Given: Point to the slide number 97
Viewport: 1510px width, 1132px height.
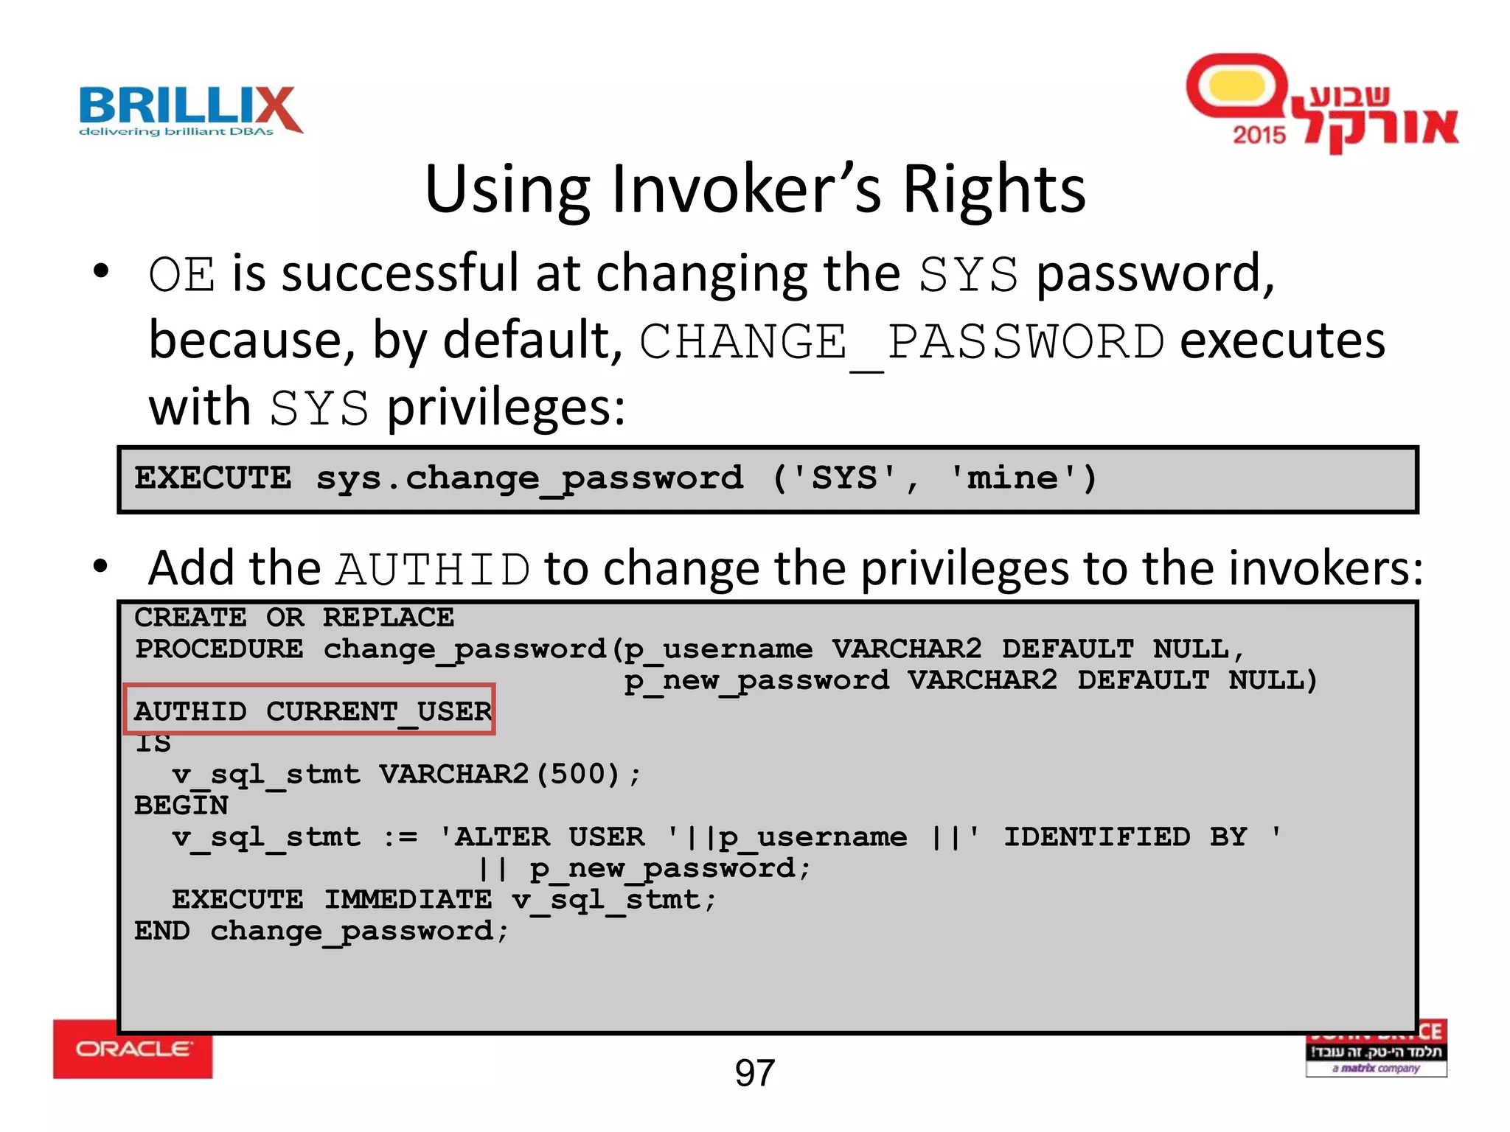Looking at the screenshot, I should pyautogui.click(x=754, y=1073).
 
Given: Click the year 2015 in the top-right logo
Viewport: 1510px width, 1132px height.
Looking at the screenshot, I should pyautogui.click(x=1259, y=135).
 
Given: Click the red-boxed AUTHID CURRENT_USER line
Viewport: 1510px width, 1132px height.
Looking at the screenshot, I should pyautogui.click(x=310, y=710).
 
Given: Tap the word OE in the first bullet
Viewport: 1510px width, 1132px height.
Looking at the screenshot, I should pyautogui.click(x=181, y=275).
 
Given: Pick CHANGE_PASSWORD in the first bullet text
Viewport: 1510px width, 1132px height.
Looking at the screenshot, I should pyautogui.click(x=901, y=343).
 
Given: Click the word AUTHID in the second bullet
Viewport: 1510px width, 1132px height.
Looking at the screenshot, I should pyautogui.click(x=433, y=570).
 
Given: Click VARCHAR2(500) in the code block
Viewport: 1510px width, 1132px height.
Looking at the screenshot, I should pyautogui.click(x=499, y=774).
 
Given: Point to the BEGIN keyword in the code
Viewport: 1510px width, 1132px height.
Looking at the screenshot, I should pyautogui.click(x=181, y=806).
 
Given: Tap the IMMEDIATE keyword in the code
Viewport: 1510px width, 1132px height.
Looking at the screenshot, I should pyautogui.click(x=408, y=899).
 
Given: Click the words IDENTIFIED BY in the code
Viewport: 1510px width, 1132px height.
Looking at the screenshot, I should pyautogui.click(x=1125, y=836).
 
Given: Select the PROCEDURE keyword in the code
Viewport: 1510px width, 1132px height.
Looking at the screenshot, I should pyautogui.click(x=219, y=649).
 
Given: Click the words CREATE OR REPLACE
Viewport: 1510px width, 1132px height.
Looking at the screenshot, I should pyautogui.click(x=294, y=618).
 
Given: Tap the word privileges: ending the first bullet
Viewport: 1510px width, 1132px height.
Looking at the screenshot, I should pyautogui.click(x=506, y=408).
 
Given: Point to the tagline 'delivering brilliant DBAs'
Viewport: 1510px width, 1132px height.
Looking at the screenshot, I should pyautogui.click(x=176, y=132).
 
